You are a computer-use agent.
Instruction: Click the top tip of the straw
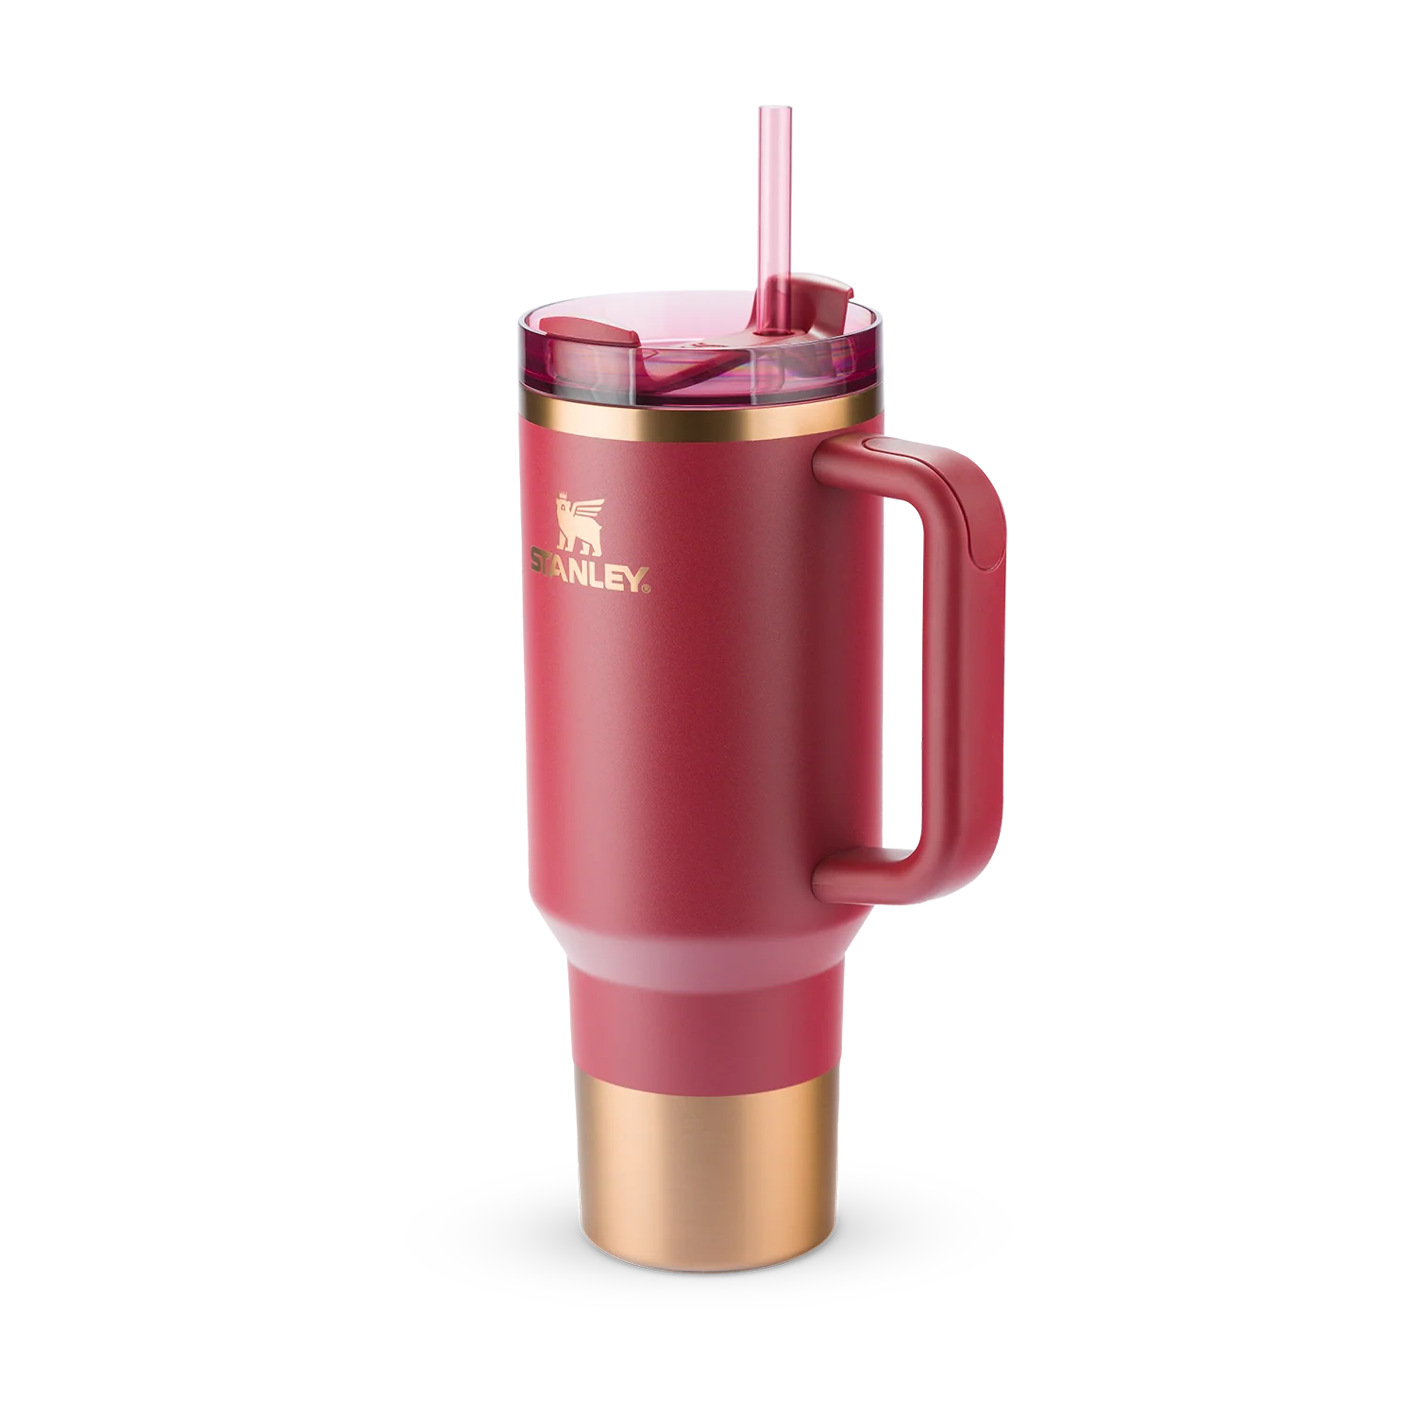(766, 110)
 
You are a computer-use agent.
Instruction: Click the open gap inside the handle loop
(873, 680)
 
